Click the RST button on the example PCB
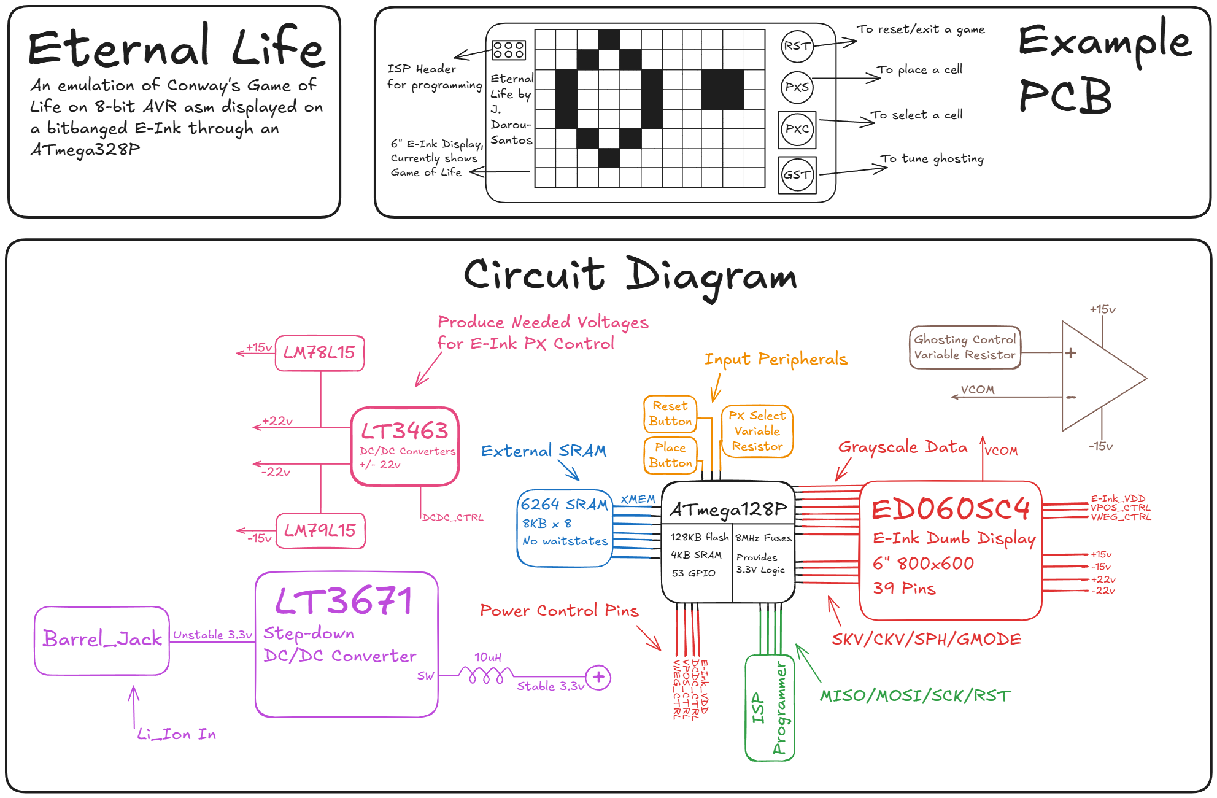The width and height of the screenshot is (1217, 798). tap(797, 46)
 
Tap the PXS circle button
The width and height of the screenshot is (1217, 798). tap(797, 87)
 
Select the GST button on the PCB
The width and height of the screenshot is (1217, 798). tap(797, 175)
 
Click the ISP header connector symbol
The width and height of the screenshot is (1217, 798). tap(509, 50)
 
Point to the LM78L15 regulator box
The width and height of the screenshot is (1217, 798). tap(320, 353)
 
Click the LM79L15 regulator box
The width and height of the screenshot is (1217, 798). tap(320, 530)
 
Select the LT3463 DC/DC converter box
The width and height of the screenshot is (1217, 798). tap(405, 446)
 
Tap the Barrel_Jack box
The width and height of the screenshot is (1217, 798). tap(102, 640)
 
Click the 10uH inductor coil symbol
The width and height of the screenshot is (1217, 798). tap(485, 676)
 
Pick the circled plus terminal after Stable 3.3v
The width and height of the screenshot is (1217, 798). tap(598, 677)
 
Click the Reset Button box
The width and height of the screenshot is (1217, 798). tap(670, 414)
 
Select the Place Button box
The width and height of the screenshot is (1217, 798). tap(670, 455)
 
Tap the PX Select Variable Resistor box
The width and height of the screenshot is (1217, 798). tap(757, 431)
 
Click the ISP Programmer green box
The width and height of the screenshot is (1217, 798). tap(770, 708)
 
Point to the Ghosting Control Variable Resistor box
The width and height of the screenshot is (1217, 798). tap(964, 347)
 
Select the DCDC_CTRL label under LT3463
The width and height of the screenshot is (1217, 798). tap(453, 517)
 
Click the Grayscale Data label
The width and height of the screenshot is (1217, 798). tap(902, 447)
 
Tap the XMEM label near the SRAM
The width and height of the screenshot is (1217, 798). tap(638, 500)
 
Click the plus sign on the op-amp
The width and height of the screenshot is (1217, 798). tap(1071, 353)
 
